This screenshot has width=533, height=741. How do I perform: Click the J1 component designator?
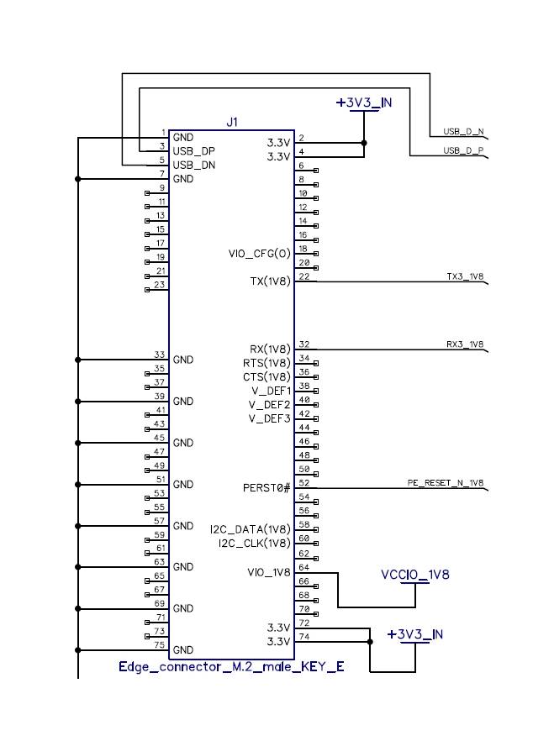coord(232,123)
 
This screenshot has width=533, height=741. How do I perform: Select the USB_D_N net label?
coord(463,132)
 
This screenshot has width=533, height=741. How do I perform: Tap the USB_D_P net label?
coord(463,150)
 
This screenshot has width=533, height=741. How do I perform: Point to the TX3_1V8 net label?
coord(465,276)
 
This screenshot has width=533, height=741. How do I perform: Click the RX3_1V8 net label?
coord(465,344)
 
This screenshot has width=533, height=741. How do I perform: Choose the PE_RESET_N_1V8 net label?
coord(446,483)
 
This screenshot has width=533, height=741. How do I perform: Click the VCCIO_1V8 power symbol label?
coord(415,575)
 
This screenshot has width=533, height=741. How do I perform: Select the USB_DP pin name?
coord(194,151)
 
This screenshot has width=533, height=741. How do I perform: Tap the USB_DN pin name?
coord(194,166)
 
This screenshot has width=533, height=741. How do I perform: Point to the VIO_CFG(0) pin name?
coord(259,254)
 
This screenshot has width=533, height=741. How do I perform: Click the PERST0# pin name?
coord(266,487)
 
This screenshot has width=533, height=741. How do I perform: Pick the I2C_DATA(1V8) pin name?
coord(251,529)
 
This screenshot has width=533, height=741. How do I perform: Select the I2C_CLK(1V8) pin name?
coord(255,544)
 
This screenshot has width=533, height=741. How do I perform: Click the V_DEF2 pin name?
coord(270,405)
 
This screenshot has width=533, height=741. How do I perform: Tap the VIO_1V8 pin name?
coord(269,573)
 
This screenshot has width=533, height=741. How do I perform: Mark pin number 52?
coord(304,483)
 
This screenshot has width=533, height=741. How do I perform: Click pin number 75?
coord(160,645)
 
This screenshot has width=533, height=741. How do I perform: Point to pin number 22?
coord(304,276)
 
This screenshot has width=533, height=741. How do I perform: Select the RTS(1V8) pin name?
coord(266,364)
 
